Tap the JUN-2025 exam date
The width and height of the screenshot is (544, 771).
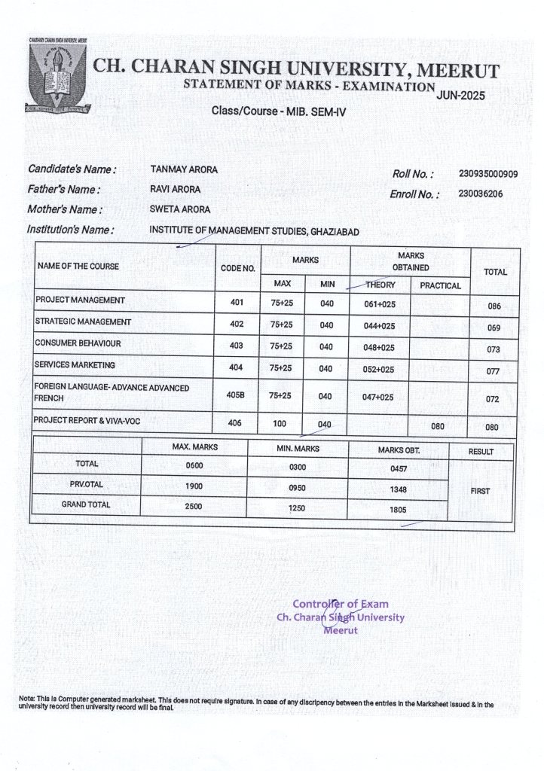[x=460, y=96]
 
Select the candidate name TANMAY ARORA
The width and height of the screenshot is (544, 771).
[x=184, y=169]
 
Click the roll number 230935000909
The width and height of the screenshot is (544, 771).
[x=487, y=174]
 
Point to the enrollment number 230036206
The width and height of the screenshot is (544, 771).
[x=481, y=194]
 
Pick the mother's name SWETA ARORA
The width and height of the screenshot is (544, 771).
[x=180, y=209]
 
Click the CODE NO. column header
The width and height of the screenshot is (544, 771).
[x=237, y=268]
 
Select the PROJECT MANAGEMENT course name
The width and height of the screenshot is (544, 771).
[x=80, y=300]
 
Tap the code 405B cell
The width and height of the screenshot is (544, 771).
[x=235, y=395]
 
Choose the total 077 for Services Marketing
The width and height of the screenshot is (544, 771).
[x=494, y=371]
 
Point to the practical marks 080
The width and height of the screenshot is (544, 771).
[x=438, y=426]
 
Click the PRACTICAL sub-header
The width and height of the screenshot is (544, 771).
[x=440, y=286]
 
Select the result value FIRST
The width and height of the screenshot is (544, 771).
[x=480, y=490]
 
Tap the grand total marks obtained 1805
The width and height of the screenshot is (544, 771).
[x=398, y=510]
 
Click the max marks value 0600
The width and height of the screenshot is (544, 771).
[x=194, y=466]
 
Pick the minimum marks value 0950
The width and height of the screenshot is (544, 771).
[x=297, y=487]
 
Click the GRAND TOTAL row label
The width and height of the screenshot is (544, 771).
[x=85, y=504]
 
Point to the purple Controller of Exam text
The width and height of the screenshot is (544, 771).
[x=341, y=604]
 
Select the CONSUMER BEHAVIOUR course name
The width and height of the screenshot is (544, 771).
[x=78, y=343]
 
